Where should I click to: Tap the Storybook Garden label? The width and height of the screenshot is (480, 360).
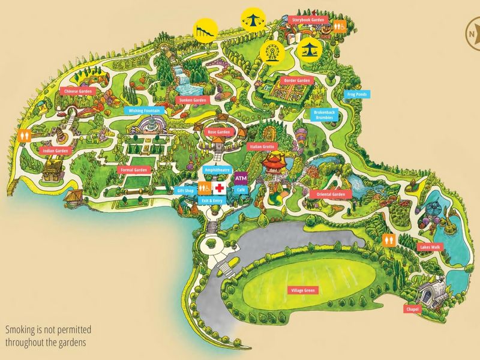pyautogui.click(x=308, y=20)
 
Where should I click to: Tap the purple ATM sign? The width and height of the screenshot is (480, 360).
pyautogui.click(x=241, y=179)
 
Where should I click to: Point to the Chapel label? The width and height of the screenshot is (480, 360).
pyautogui.click(x=412, y=309)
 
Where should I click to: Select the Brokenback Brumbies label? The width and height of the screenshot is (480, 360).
pyautogui.click(x=323, y=115)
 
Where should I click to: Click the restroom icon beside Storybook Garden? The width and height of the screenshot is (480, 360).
pyautogui.click(x=339, y=26)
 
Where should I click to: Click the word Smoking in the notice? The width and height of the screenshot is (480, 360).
pyautogui.click(x=20, y=330)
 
